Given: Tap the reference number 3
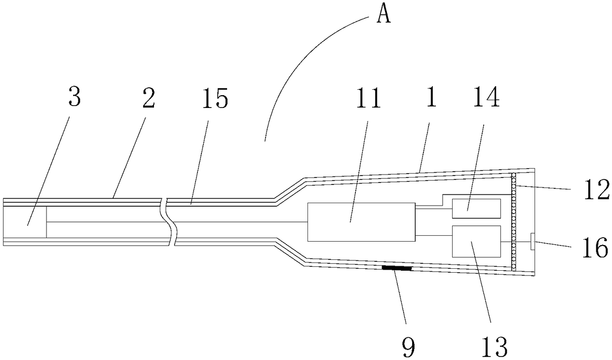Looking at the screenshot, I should (x=74, y=98).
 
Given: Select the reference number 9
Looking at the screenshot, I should (x=409, y=348).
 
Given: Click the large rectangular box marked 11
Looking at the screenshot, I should (x=361, y=222).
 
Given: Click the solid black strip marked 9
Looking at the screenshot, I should (x=396, y=268).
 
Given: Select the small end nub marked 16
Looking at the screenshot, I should (x=532, y=242).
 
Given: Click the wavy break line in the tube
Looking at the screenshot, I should (x=170, y=222).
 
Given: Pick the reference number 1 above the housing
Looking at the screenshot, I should (x=431, y=99).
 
